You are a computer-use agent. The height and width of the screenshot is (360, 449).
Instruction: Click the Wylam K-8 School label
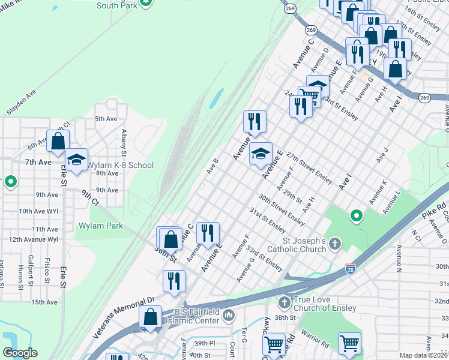tap(121, 165)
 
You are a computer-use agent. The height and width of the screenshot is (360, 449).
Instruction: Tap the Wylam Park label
tap(100, 226)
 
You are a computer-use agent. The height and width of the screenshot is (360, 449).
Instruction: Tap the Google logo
tap(20, 353)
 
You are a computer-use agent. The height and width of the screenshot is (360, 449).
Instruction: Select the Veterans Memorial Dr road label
tap(124, 317)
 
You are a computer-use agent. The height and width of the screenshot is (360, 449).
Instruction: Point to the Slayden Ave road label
tap(21, 103)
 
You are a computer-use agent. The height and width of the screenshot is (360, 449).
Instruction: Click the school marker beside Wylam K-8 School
tap(76, 160)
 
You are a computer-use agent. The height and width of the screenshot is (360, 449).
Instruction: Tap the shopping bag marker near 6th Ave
tap(58, 142)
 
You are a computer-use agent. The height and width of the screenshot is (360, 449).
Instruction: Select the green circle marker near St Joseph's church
tap(356, 215)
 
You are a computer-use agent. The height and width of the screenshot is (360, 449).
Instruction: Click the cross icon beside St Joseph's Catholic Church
tap(335, 244)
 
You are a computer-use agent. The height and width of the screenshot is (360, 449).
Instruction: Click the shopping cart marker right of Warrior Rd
tap(349, 344)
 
